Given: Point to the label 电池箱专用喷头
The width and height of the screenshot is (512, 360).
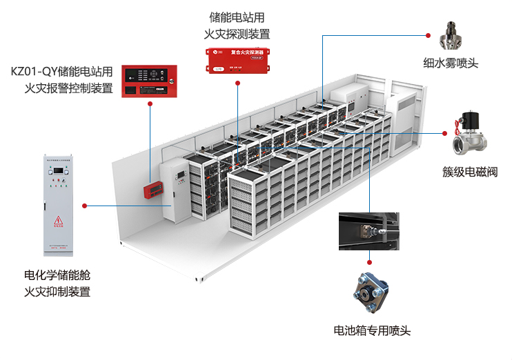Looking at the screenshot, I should click(372, 330).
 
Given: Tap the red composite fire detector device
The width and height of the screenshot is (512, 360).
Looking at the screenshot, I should click(237, 59).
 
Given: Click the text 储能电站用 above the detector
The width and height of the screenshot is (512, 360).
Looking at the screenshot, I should click(237, 17).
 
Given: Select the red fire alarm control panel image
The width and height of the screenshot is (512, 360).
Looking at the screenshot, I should click(150, 81).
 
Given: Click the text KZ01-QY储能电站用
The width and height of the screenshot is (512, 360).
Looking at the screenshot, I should click(61, 71).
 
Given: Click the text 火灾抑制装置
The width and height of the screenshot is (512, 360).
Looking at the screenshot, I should click(57, 291).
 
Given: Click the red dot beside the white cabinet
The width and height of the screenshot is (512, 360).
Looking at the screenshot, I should click(84, 206).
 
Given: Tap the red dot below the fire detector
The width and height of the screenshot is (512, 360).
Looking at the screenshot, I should click(237, 83).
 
